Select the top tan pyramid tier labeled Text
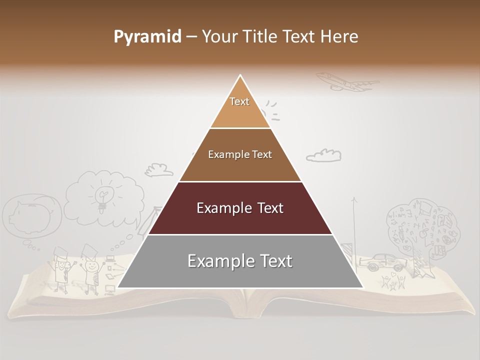point(240,107)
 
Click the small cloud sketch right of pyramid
point(324,155)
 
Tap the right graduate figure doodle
point(91,270)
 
